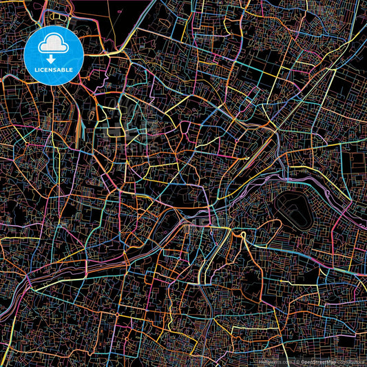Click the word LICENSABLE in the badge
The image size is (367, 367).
point(54,70)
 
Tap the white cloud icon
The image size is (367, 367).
point(54,46)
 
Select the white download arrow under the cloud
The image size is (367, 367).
point(54,58)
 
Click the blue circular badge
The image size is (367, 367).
point(54,55)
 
